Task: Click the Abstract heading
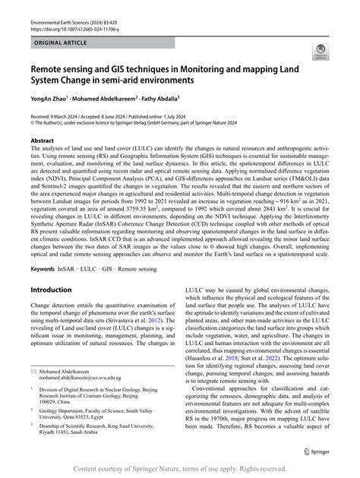pyautogui.click(x=42, y=152)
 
